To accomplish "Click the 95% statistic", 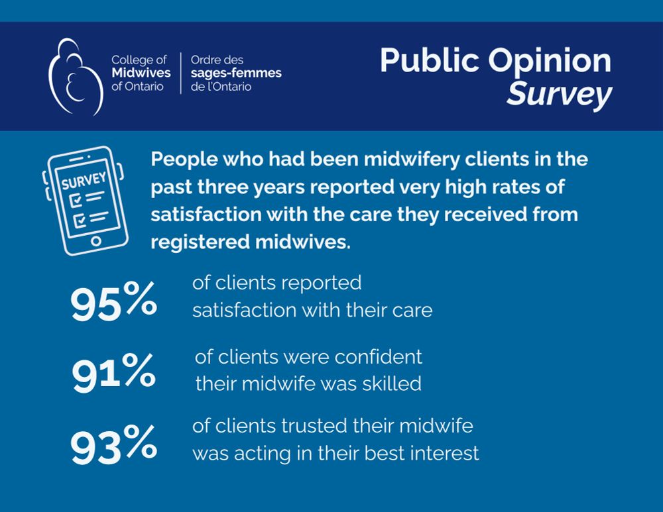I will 113,303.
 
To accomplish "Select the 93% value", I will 113,445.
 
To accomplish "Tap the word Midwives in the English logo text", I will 141,73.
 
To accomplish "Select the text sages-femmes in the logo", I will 235,73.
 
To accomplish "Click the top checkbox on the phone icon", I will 78,198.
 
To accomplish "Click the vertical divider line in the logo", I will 180,73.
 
